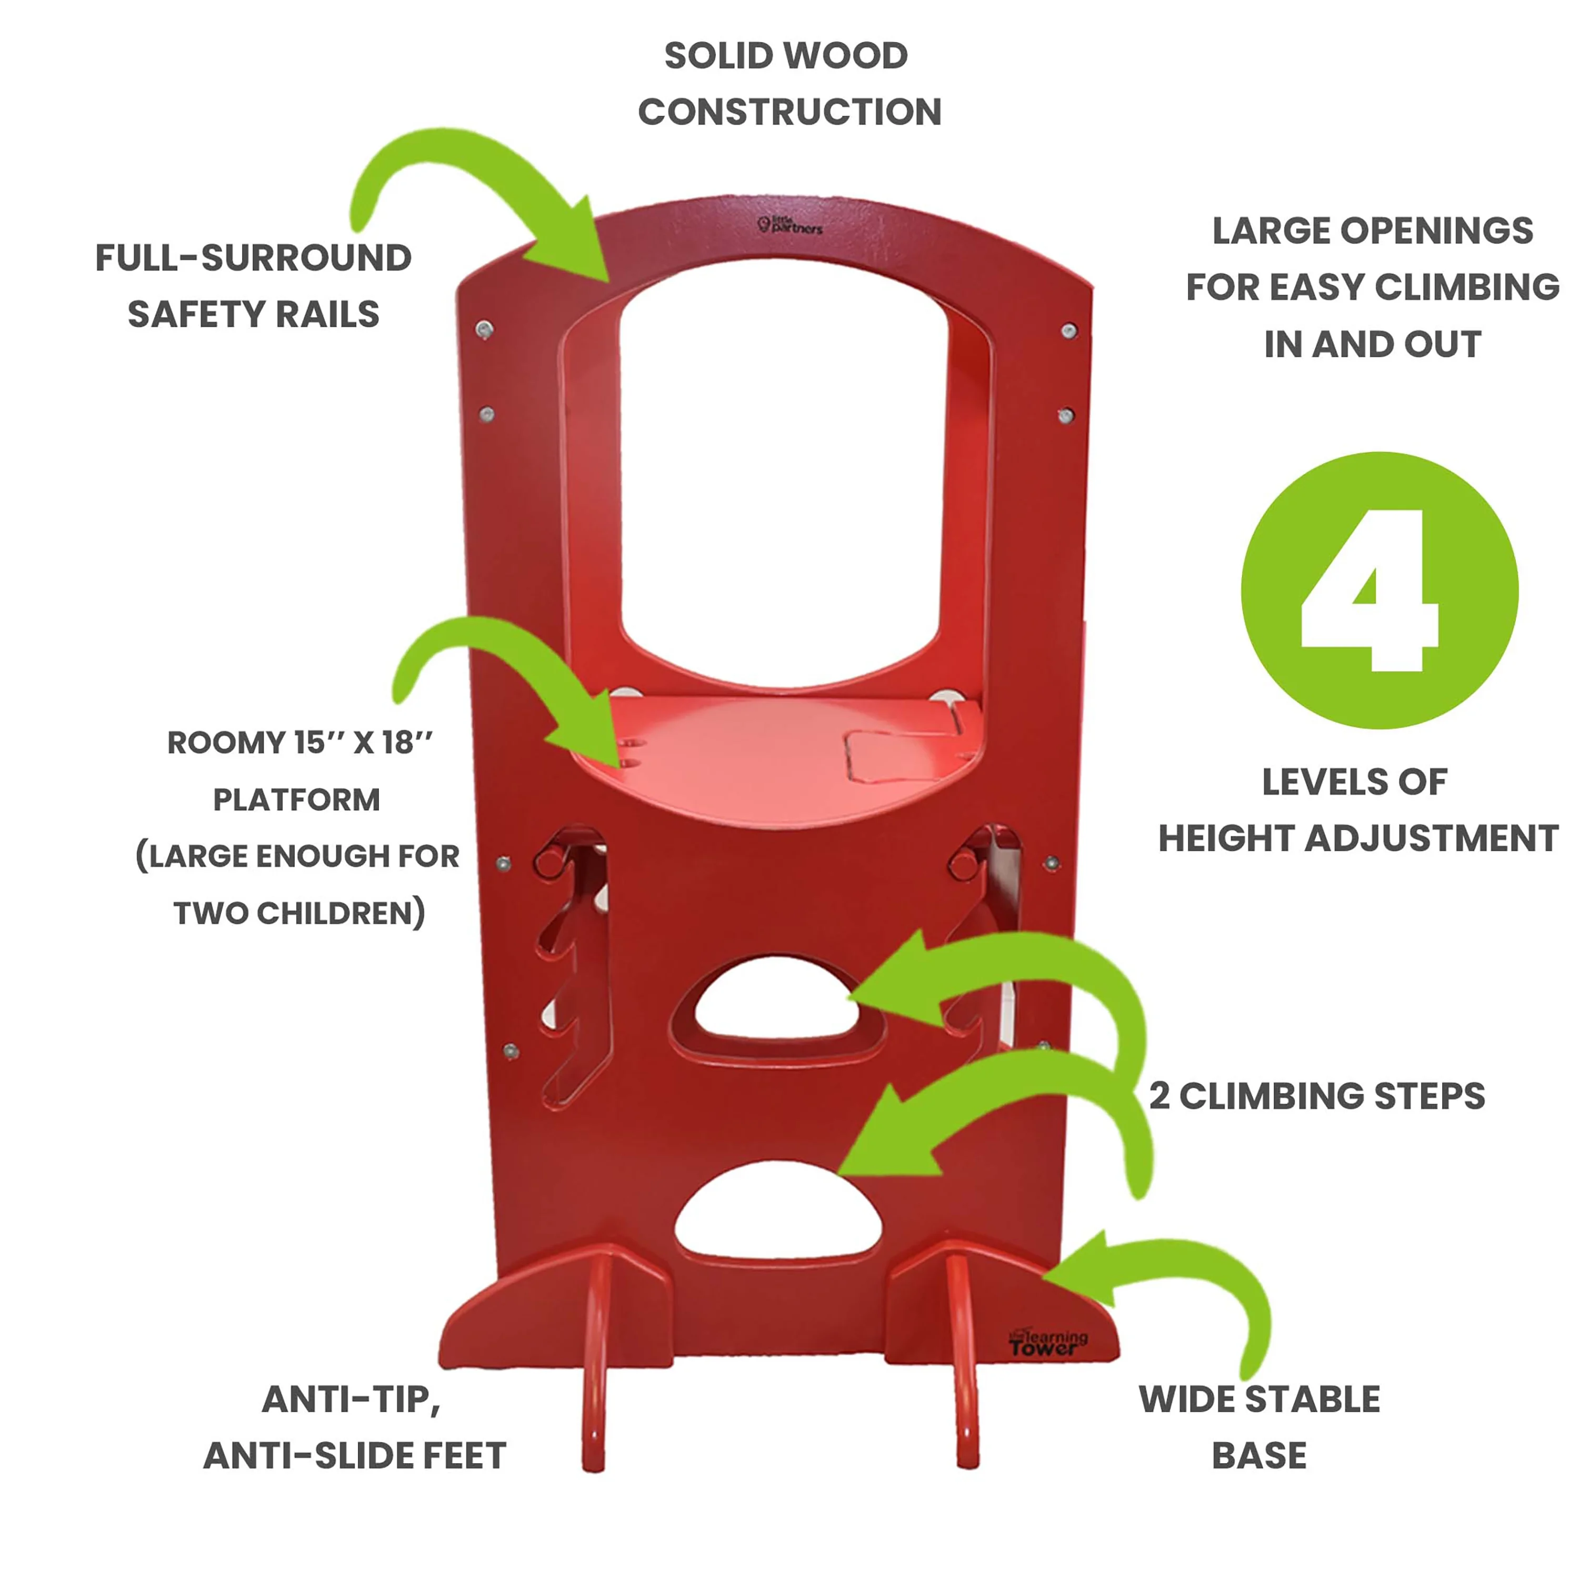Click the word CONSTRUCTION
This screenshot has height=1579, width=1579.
coord(789,112)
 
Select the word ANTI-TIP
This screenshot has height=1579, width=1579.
coord(352,1399)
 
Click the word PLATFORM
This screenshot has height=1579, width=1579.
coord(297,800)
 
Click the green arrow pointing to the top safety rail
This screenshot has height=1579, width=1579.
coord(491,196)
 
